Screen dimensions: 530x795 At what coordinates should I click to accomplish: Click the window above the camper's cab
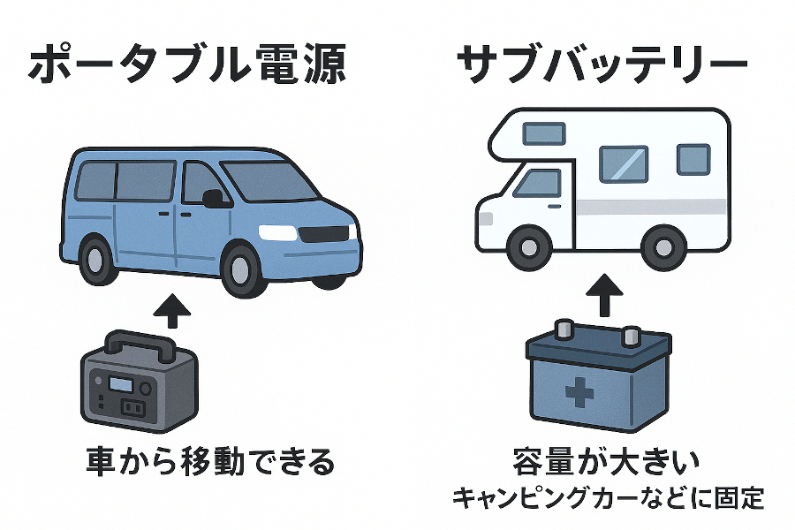[543, 133]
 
